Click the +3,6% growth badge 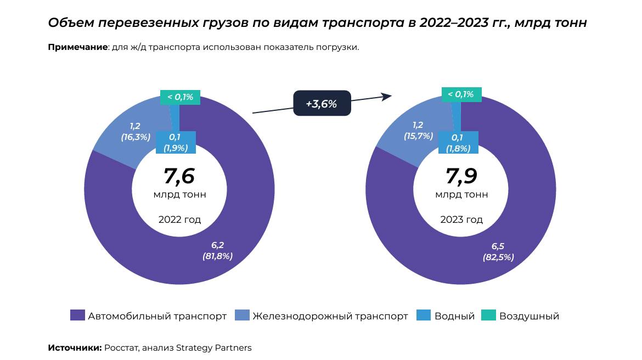[322, 103]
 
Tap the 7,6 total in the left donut [179, 176]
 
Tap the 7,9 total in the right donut [461, 176]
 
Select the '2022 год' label [179, 220]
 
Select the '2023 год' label [461, 220]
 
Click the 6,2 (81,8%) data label [218, 251]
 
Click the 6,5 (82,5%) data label [498, 251]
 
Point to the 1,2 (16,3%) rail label [135, 132]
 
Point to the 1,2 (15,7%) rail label [418, 131]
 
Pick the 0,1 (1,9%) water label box [176, 142]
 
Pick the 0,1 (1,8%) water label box [458, 143]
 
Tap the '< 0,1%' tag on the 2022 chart [180, 97]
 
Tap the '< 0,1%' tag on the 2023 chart [461, 94]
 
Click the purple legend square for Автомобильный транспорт [78, 316]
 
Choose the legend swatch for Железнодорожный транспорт [242, 316]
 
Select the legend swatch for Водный [424, 316]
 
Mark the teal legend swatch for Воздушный [488, 316]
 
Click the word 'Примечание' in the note [77, 47]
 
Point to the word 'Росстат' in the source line [120, 348]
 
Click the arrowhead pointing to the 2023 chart [387, 96]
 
